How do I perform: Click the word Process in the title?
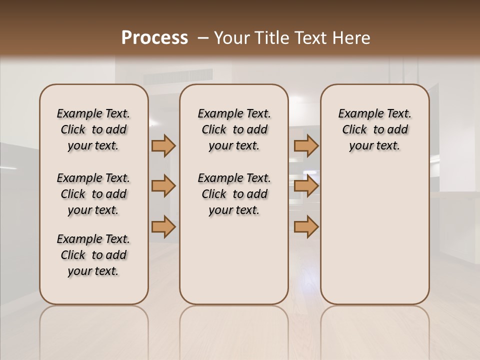coord(154,38)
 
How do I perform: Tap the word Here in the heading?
coord(352,38)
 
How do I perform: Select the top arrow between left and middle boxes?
coord(163,145)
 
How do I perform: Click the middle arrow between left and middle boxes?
coord(163,186)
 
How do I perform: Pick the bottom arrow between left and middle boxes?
coord(163,226)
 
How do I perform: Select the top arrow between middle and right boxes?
coord(306,145)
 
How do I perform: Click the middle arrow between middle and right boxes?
coord(306,186)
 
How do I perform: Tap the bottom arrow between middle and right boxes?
coord(306,226)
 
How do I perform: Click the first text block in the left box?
coord(93,129)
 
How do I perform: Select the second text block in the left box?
coord(93,194)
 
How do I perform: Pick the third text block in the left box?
coord(93,255)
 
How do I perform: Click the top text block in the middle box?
coord(234,129)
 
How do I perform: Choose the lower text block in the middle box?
coord(234,194)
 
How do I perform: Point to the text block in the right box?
coord(374,129)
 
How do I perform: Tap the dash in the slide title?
coord(203,38)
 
